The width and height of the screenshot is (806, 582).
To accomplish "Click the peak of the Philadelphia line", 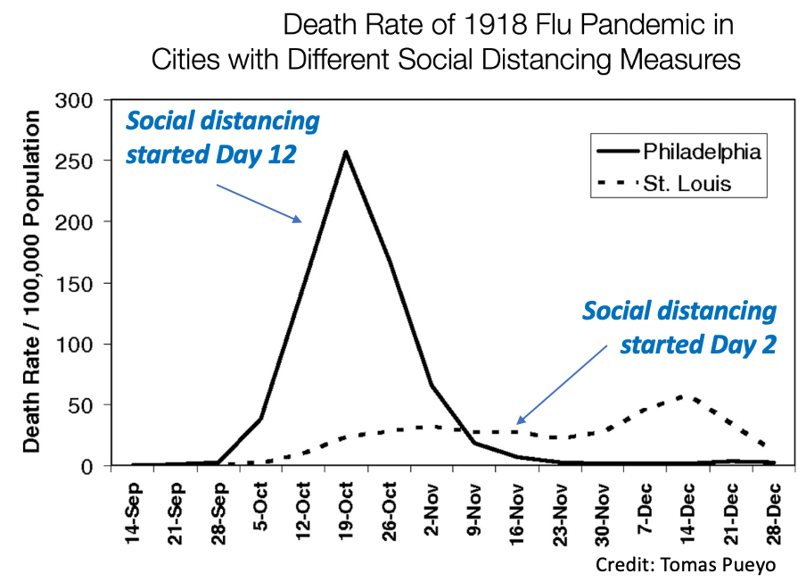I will [345, 152].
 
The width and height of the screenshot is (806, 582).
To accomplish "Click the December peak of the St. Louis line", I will [682, 396].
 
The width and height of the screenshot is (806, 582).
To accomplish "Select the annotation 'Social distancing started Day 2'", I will [679, 327].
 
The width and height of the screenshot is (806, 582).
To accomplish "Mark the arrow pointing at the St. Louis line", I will [562, 381].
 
